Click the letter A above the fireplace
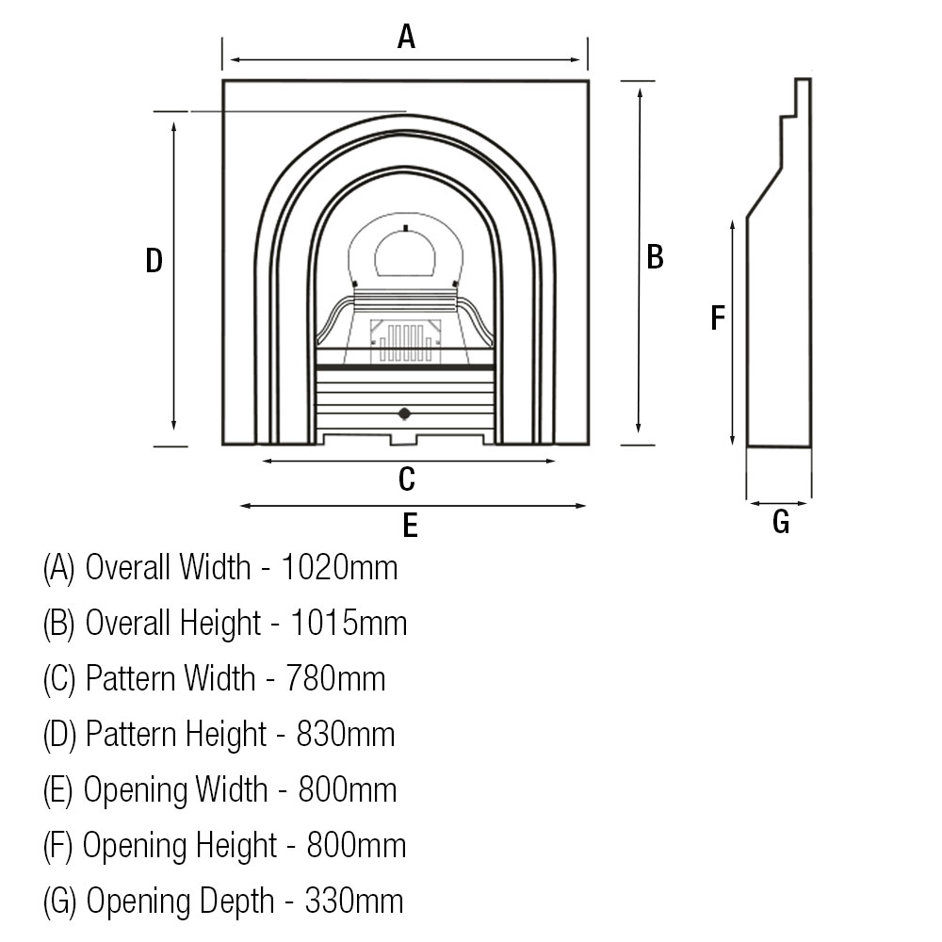(406, 37)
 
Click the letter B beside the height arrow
(656, 256)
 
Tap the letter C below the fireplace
(406, 479)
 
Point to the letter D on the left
(154, 261)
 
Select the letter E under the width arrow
(410, 526)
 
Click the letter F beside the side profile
(718, 318)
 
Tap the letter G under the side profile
(781, 522)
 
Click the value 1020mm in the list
(340, 568)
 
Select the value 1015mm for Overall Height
(349, 623)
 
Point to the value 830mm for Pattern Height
(346, 734)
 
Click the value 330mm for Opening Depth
(354, 901)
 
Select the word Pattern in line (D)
(131, 734)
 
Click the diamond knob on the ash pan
(404, 413)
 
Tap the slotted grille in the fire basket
(406, 341)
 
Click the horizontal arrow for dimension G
(779, 504)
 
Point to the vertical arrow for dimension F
(733, 331)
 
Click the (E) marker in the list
(58, 789)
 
